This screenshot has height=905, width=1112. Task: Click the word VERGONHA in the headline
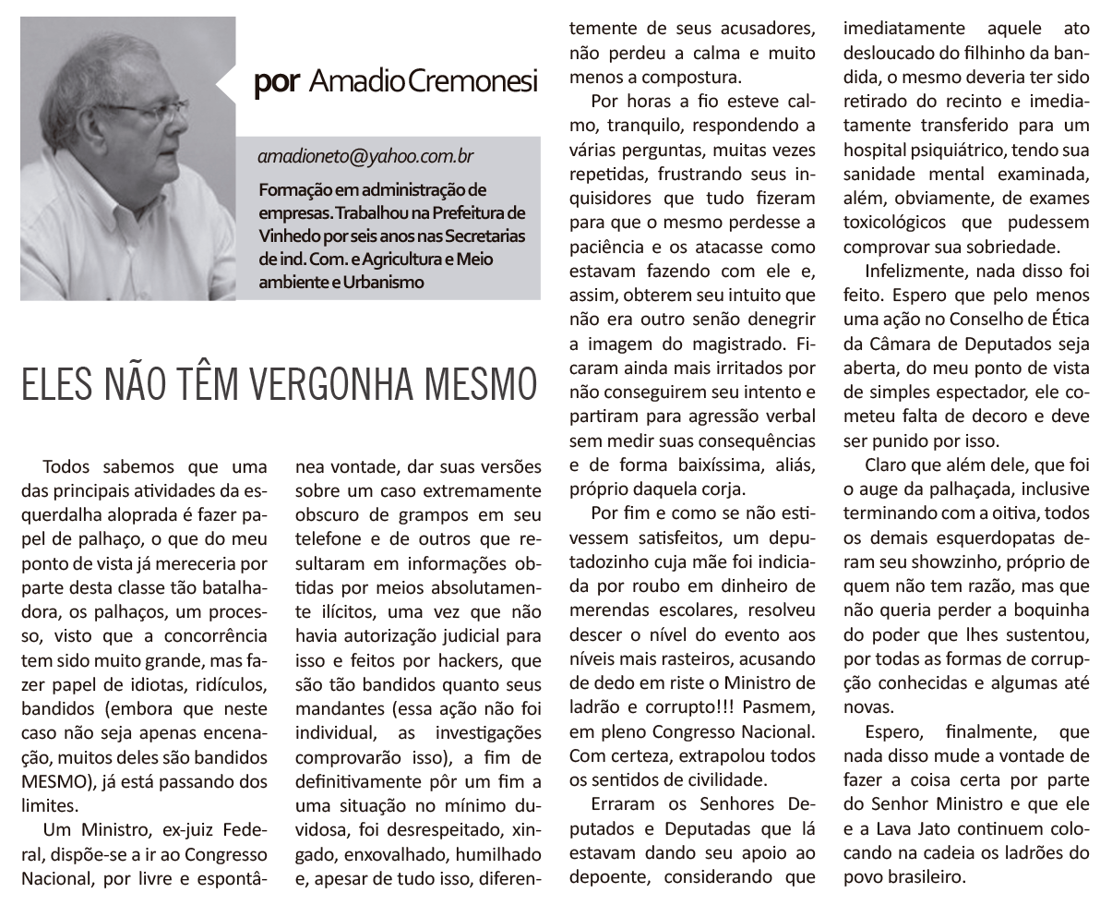(x=341, y=384)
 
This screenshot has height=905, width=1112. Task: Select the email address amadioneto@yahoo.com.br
(x=366, y=157)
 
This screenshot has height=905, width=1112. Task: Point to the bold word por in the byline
(x=276, y=81)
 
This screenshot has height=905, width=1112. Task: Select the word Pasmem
(x=779, y=707)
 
